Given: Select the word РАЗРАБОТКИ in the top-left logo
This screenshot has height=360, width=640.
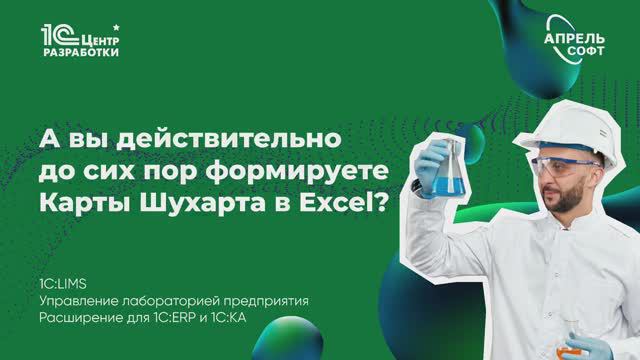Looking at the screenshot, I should point(82,52).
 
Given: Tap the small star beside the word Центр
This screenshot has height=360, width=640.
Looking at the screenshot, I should point(122,22).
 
